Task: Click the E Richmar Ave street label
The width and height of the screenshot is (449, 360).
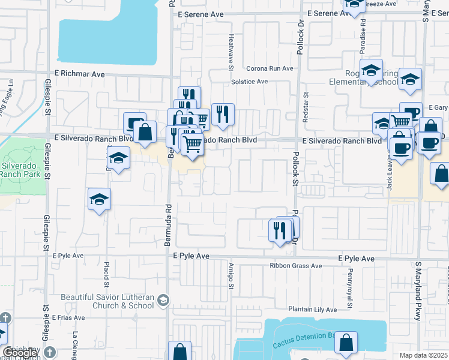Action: [79, 74]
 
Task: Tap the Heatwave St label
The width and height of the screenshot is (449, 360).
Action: [231, 51]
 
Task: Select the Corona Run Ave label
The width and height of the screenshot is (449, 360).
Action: [270, 68]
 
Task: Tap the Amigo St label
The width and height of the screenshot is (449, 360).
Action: [231, 276]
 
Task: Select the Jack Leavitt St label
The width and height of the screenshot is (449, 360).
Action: [390, 174]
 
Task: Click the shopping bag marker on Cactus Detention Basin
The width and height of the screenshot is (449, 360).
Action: [346, 343]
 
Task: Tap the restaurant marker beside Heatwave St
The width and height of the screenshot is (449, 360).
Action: [223, 113]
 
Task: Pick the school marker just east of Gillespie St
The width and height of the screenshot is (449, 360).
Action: [99, 199]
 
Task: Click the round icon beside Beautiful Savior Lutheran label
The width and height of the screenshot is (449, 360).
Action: [162, 299]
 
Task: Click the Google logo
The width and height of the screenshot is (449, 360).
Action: [20, 353]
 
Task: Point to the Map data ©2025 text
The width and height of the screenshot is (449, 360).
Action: [424, 355]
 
